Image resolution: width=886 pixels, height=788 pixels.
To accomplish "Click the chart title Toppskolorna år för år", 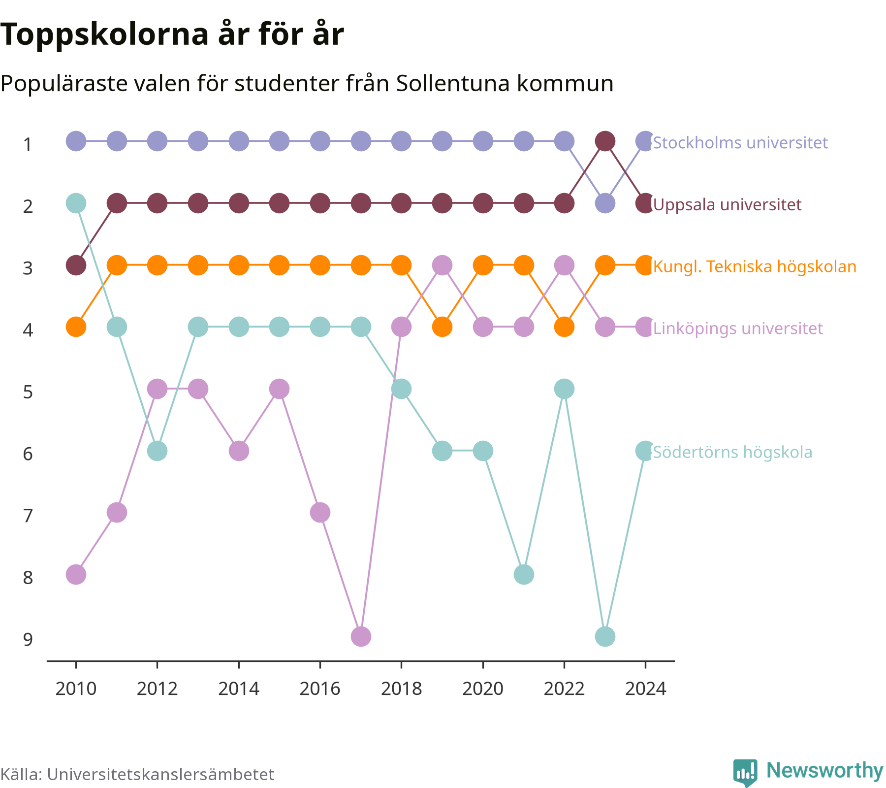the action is [x=172, y=35].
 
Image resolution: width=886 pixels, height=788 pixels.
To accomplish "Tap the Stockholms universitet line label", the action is [x=740, y=143].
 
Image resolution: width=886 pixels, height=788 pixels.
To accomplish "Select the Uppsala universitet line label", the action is [x=727, y=204].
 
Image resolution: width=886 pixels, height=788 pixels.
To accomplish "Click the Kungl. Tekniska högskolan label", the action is [x=755, y=266].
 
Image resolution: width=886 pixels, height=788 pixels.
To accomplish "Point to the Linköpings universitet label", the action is [x=738, y=328].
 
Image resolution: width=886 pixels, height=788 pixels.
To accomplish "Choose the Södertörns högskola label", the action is [x=732, y=452].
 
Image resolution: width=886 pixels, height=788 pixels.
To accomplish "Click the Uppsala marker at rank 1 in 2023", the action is [x=605, y=141].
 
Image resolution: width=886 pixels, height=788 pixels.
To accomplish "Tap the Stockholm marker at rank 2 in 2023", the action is [x=605, y=203].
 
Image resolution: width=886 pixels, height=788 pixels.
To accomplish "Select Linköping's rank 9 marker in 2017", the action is [x=361, y=636].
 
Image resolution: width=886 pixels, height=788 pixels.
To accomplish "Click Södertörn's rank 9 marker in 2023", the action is [x=605, y=636].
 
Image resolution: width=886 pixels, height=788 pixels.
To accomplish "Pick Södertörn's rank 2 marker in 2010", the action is [x=76, y=203].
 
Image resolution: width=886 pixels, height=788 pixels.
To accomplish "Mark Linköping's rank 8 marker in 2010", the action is [x=76, y=574].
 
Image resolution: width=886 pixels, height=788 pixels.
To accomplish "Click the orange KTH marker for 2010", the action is [x=76, y=327].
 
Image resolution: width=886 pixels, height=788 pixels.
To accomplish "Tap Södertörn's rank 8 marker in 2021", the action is [x=524, y=574].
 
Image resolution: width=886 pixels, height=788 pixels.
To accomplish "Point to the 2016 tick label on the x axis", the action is [x=320, y=689].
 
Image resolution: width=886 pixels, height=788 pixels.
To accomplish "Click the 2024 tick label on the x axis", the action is [x=645, y=689].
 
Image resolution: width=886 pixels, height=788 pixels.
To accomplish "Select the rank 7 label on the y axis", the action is [x=28, y=516].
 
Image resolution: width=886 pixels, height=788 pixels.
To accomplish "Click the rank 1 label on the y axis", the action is [x=28, y=144].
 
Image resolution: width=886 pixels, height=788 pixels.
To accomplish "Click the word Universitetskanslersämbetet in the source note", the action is [x=160, y=774].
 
